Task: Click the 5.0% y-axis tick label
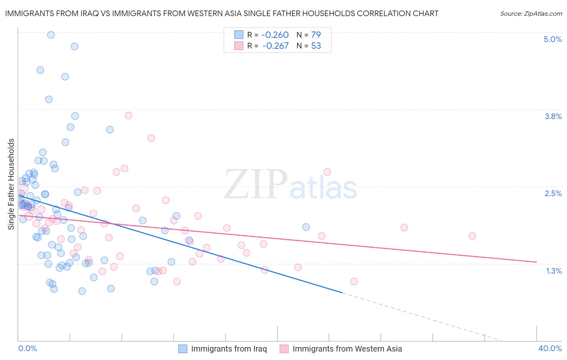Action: (552, 39)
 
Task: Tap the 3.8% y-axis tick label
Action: (553, 116)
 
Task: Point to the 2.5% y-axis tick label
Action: (553, 193)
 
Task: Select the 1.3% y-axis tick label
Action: (554, 271)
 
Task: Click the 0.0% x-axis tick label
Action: (27, 348)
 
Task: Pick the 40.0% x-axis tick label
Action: (550, 348)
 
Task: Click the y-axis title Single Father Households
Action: (11, 184)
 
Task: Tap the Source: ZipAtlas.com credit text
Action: (531, 13)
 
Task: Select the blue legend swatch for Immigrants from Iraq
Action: (183, 349)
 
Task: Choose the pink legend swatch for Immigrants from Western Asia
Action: (284, 349)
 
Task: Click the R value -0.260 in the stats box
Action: (275, 35)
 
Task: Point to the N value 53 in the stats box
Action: (316, 46)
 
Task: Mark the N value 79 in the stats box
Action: (316, 35)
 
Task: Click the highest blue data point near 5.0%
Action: (51, 35)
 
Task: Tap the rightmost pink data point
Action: (472, 236)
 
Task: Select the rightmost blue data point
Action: (306, 227)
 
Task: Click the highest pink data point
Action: (129, 115)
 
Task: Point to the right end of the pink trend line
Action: (536, 262)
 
